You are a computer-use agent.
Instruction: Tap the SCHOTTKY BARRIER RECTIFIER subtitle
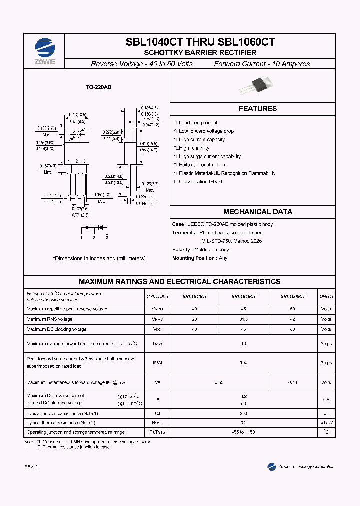[x=200, y=52]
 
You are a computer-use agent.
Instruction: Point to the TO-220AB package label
[x=98, y=87]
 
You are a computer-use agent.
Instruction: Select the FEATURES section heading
[x=257, y=109]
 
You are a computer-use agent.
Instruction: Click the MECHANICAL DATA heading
[x=257, y=212]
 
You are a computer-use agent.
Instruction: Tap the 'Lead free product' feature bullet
[x=198, y=123]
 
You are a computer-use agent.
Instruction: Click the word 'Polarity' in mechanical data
[x=181, y=250]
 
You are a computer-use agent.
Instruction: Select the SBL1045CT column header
[x=243, y=296]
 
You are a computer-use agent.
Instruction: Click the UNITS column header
[x=326, y=296]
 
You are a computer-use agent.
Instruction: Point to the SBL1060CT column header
[x=292, y=296]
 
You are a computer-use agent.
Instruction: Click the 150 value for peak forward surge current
[x=243, y=363]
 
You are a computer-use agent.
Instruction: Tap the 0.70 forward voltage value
[x=292, y=382]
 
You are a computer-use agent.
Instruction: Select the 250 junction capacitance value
[x=243, y=414]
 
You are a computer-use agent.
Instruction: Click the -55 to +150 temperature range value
[x=243, y=432]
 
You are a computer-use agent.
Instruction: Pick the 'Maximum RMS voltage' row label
[x=50, y=319]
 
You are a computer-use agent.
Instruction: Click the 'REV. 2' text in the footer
[x=31, y=467]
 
